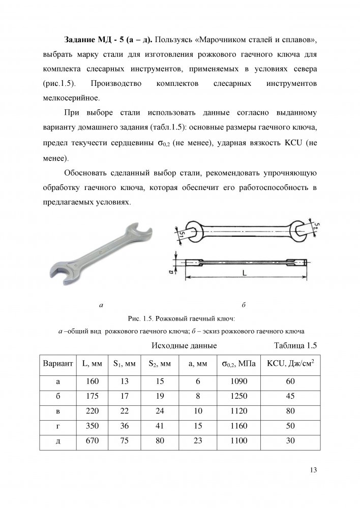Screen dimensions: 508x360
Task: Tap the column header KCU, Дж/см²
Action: coord(290,364)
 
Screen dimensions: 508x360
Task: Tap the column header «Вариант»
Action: coord(57,364)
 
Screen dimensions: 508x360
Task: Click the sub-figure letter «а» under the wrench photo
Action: coord(101,305)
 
